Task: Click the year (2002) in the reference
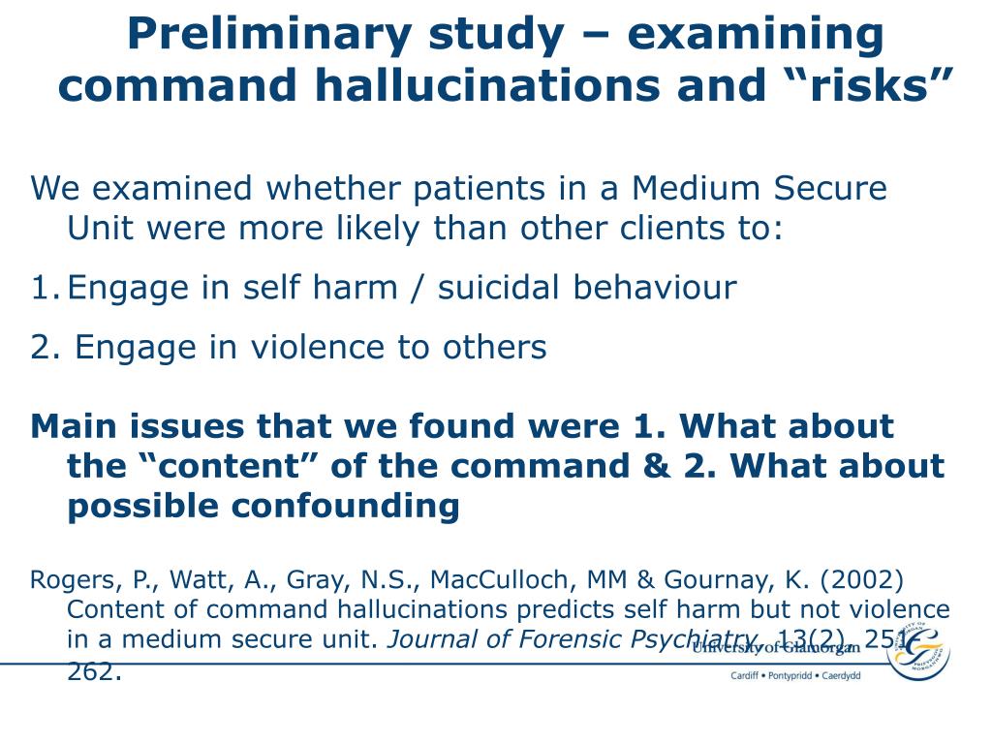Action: [862, 580]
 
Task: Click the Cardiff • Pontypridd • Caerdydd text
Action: [794, 675]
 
